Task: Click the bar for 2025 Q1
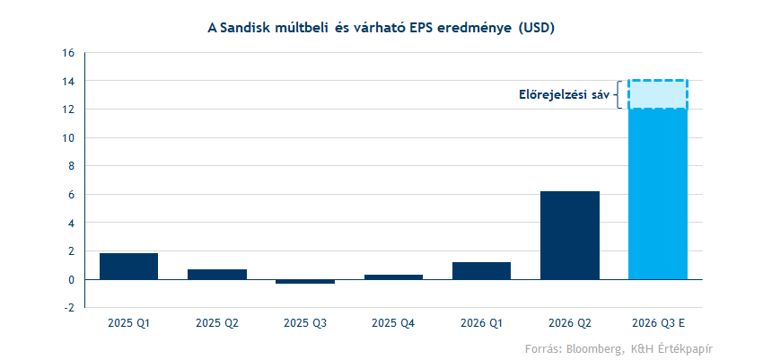[128, 266]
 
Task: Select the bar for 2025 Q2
[217, 274]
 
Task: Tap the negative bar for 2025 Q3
[305, 282]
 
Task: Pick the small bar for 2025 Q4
[393, 277]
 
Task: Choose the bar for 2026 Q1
[481, 270]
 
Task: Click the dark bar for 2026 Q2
[570, 235]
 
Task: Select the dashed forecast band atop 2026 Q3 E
[658, 94]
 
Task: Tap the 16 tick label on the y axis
[68, 53]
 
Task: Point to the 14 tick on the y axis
[68, 81]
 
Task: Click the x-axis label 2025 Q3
[305, 321]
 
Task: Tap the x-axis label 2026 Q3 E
[658, 321]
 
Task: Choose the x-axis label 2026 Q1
[481, 321]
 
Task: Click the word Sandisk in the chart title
[248, 28]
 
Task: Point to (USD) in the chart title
[536, 28]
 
